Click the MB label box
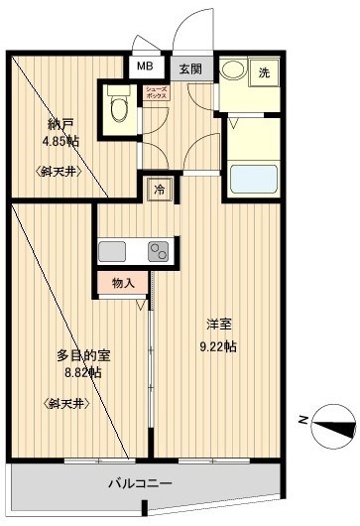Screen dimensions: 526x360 (145, 67)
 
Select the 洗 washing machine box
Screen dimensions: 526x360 (263, 72)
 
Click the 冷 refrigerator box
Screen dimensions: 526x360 (159, 190)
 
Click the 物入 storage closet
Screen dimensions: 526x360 (123, 283)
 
